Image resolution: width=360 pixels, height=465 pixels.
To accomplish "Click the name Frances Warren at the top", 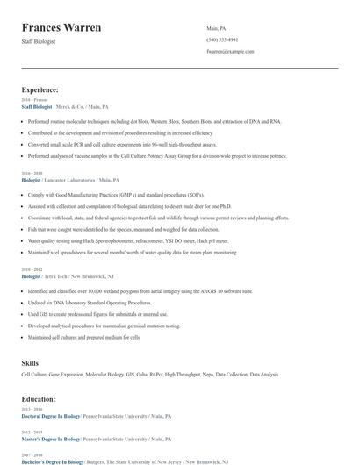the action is pos(61,28).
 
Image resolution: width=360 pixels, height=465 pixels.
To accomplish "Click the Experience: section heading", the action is pos(40,89).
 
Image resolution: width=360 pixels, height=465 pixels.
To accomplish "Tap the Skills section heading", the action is pos(31,361).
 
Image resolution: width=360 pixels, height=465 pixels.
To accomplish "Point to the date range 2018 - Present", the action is pos(35,100).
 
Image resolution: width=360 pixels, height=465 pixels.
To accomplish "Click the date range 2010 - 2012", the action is pos(32,269).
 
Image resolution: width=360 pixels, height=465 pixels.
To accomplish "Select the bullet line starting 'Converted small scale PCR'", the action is pos(122,144).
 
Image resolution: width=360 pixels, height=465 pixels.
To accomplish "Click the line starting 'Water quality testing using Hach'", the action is pos(128,240).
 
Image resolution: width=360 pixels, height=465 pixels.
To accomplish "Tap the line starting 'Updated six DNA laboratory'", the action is pos(96,302).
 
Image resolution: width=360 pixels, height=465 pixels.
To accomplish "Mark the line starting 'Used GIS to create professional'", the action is pos(97,313).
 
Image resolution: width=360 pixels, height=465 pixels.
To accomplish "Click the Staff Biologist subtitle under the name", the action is pos(39,41).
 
